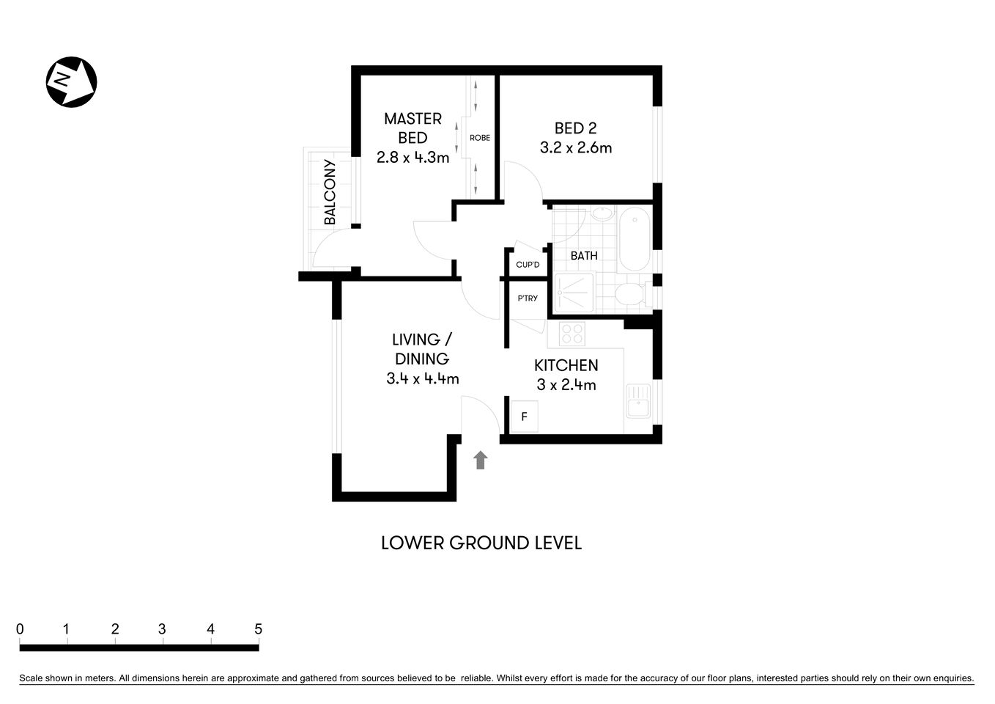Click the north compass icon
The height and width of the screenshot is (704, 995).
click(x=72, y=81)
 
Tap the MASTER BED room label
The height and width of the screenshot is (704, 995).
click(x=413, y=128)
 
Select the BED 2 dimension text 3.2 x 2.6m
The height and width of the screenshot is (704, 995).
click(x=575, y=147)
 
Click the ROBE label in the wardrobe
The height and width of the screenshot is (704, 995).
click(x=480, y=138)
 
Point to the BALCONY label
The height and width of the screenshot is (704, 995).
click(x=330, y=192)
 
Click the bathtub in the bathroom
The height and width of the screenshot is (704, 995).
click(x=635, y=239)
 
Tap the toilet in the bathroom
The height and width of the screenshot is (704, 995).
click(x=629, y=296)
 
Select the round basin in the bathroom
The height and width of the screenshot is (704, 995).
click(x=602, y=214)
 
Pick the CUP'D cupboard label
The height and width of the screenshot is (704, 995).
click(x=528, y=265)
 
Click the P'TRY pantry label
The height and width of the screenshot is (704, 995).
click(x=528, y=298)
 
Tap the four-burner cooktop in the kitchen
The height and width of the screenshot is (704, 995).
click(x=571, y=334)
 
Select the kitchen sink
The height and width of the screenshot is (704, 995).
click(x=638, y=402)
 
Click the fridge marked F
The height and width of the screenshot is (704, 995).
click(x=524, y=417)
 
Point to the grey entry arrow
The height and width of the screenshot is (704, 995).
click(x=481, y=460)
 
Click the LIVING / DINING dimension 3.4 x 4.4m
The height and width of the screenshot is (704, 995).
click(x=422, y=378)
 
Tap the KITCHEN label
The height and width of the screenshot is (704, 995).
click(x=566, y=365)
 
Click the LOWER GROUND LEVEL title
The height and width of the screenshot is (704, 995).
click(x=481, y=543)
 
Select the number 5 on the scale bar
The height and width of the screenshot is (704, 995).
click(x=258, y=629)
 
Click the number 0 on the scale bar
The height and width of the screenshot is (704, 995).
click(x=20, y=629)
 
